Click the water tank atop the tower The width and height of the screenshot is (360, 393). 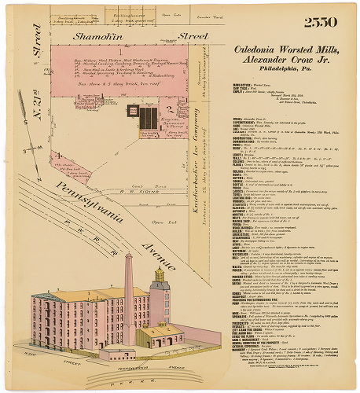coord(160,275)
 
